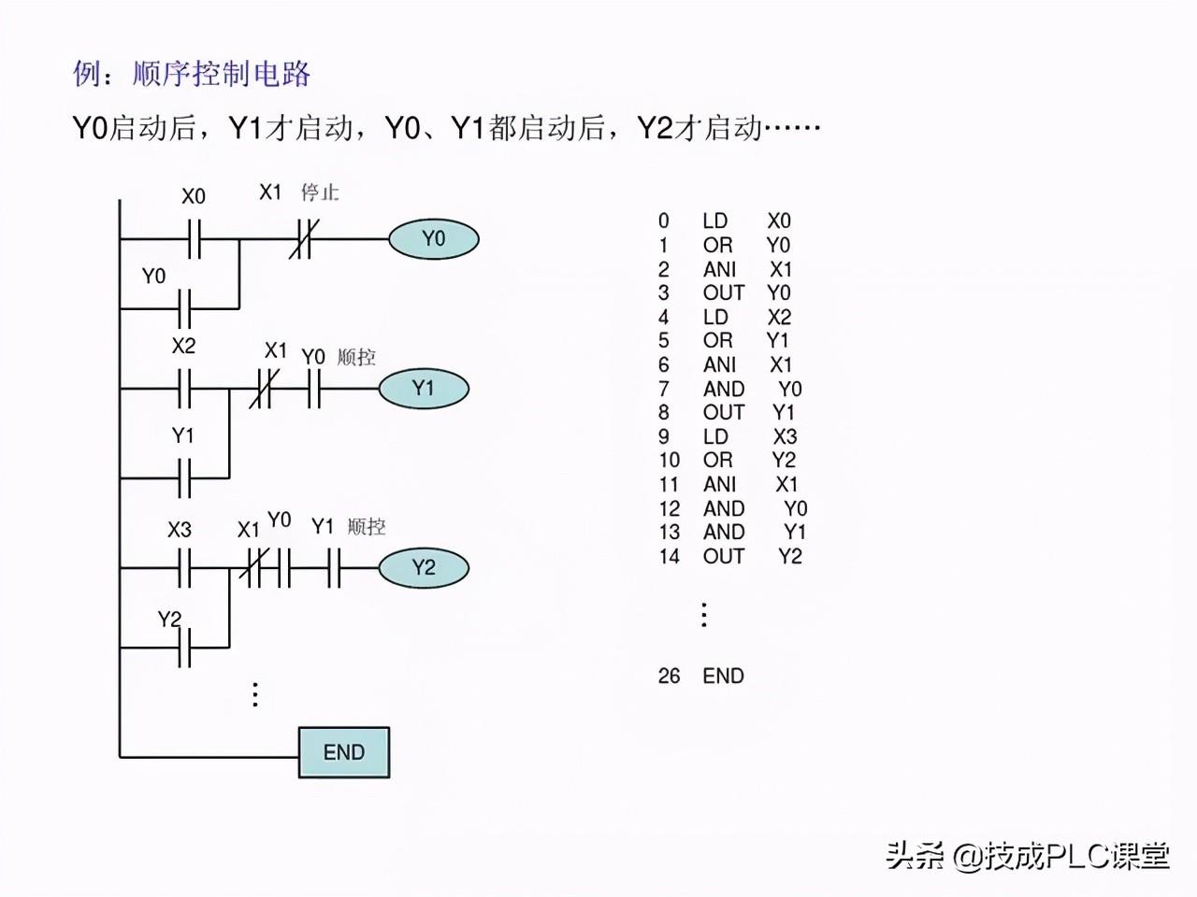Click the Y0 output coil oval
coord(434,239)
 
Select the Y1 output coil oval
coord(424,389)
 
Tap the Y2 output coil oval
coord(424,567)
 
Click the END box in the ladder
coord(344,752)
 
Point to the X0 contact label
coord(194,196)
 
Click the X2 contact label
coord(183,346)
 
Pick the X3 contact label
coord(180,530)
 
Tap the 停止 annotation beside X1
coord(320,192)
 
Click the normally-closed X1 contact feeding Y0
coord(303,239)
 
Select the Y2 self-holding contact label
coord(169,619)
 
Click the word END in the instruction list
coord(723,676)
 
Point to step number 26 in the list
coord(670,676)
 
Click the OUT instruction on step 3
coord(723,293)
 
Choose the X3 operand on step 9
coord(785,436)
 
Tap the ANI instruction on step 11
coord(719,484)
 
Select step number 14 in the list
coord(670,556)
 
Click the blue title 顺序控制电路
coord(222,74)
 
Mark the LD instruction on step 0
coord(715,221)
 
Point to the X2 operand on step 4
coord(779,317)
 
